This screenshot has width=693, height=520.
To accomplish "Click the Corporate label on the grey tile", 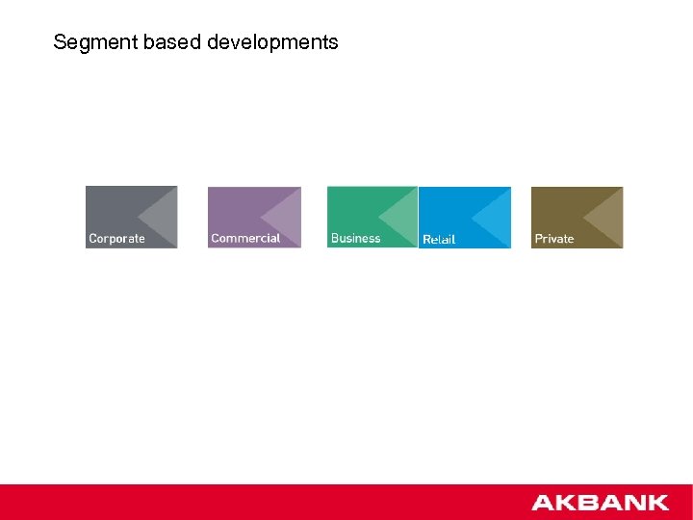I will pyautogui.click(x=116, y=239).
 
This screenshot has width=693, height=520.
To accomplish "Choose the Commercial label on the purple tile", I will pyautogui.click(x=245, y=238).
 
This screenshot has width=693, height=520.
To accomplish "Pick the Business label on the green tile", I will pyautogui.click(x=355, y=238).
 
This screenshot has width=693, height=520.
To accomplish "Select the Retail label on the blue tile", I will pyautogui.click(x=439, y=239).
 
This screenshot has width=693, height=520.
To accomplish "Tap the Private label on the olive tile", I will pyautogui.click(x=554, y=239).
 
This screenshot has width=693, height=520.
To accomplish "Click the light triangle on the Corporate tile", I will pyautogui.click(x=162, y=216).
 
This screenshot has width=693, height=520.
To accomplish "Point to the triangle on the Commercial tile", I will pyautogui.click(x=285, y=216).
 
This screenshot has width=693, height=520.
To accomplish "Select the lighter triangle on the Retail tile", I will pyautogui.click(x=496, y=216).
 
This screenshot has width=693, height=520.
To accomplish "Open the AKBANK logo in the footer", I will pyautogui.click(x=600, y=503).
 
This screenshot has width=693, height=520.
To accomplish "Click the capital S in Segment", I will pyautogui.click(x=60, y=42).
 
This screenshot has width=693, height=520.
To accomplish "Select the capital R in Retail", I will pyautogui.click(x=427, y=239).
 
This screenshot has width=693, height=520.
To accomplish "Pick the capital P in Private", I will pyautogui.click(x=539, y=239).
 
